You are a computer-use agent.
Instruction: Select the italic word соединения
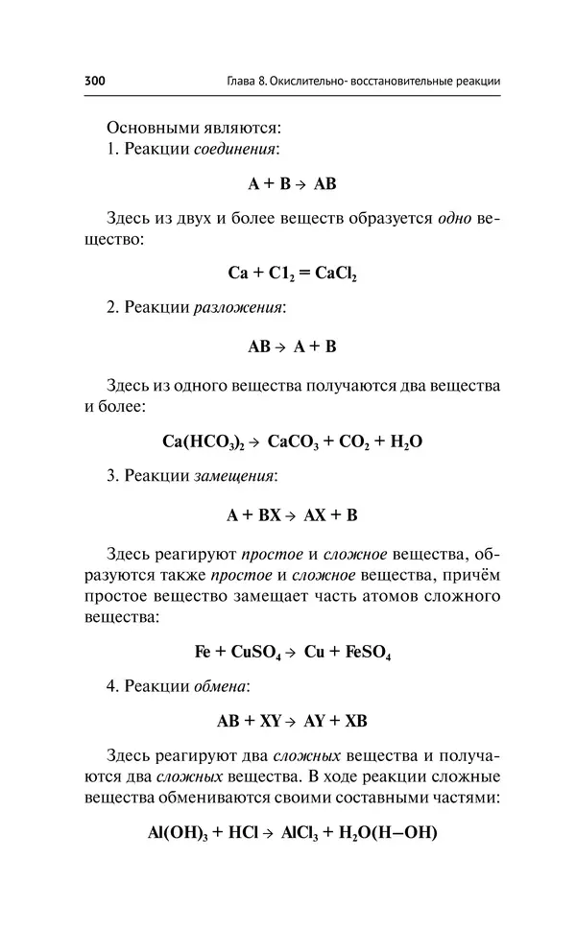click(x=237, y=150)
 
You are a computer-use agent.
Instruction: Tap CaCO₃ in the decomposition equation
click(x=292, y=441)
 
